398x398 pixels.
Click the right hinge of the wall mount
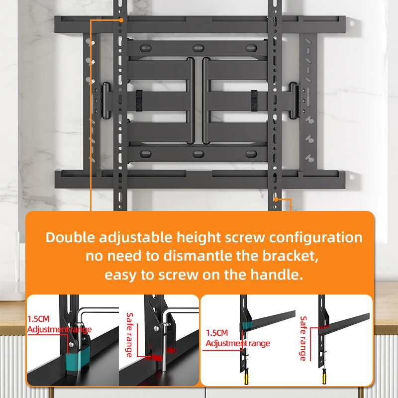[x=296, y=101]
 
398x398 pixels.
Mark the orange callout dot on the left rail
[x=121, y=20]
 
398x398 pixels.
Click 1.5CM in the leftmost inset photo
[x=39, y=319]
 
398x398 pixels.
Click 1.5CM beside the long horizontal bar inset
[x=217, y=333]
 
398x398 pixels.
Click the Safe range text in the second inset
[x=130, y=334]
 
